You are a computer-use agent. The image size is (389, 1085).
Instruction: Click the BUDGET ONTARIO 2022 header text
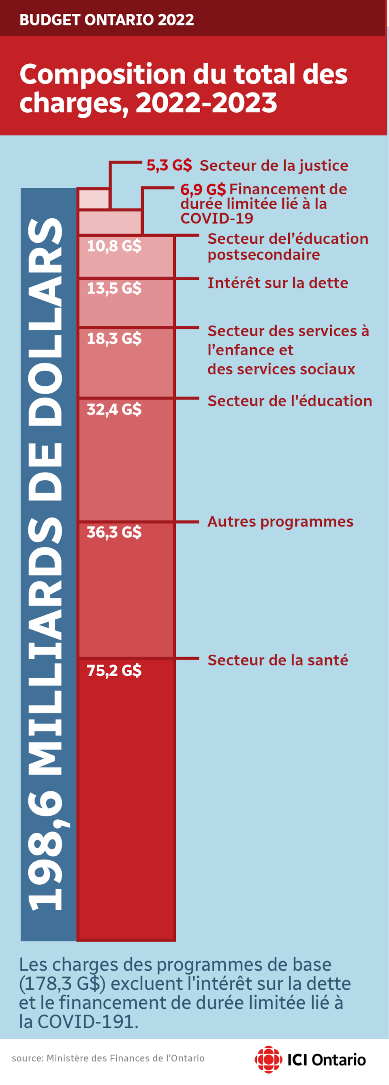107,20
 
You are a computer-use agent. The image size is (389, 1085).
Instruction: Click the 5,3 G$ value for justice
169,165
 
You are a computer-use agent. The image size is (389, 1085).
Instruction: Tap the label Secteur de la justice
274,165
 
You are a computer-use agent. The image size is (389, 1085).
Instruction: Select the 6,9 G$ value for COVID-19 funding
203,189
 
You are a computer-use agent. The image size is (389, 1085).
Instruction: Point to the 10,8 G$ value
114,246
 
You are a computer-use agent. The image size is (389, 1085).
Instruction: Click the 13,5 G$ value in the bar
114,288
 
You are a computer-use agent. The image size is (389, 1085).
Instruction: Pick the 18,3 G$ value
114,339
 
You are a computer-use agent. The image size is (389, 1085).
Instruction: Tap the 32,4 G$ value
114,409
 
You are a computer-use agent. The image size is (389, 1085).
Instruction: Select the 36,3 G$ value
114,533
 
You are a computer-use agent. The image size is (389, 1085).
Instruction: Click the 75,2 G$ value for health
114,670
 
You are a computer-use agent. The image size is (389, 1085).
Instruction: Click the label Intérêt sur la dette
278,283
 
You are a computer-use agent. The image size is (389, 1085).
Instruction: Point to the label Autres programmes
280,522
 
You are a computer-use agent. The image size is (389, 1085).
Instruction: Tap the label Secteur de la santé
278,660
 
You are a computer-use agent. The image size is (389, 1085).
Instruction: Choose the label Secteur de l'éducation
290,401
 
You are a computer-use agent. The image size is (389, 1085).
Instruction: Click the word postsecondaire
263,255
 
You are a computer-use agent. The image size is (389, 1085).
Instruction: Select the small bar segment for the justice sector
94,199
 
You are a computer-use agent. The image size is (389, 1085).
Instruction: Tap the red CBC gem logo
268,1059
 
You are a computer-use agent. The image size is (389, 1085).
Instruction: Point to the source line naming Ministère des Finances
108,1058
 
